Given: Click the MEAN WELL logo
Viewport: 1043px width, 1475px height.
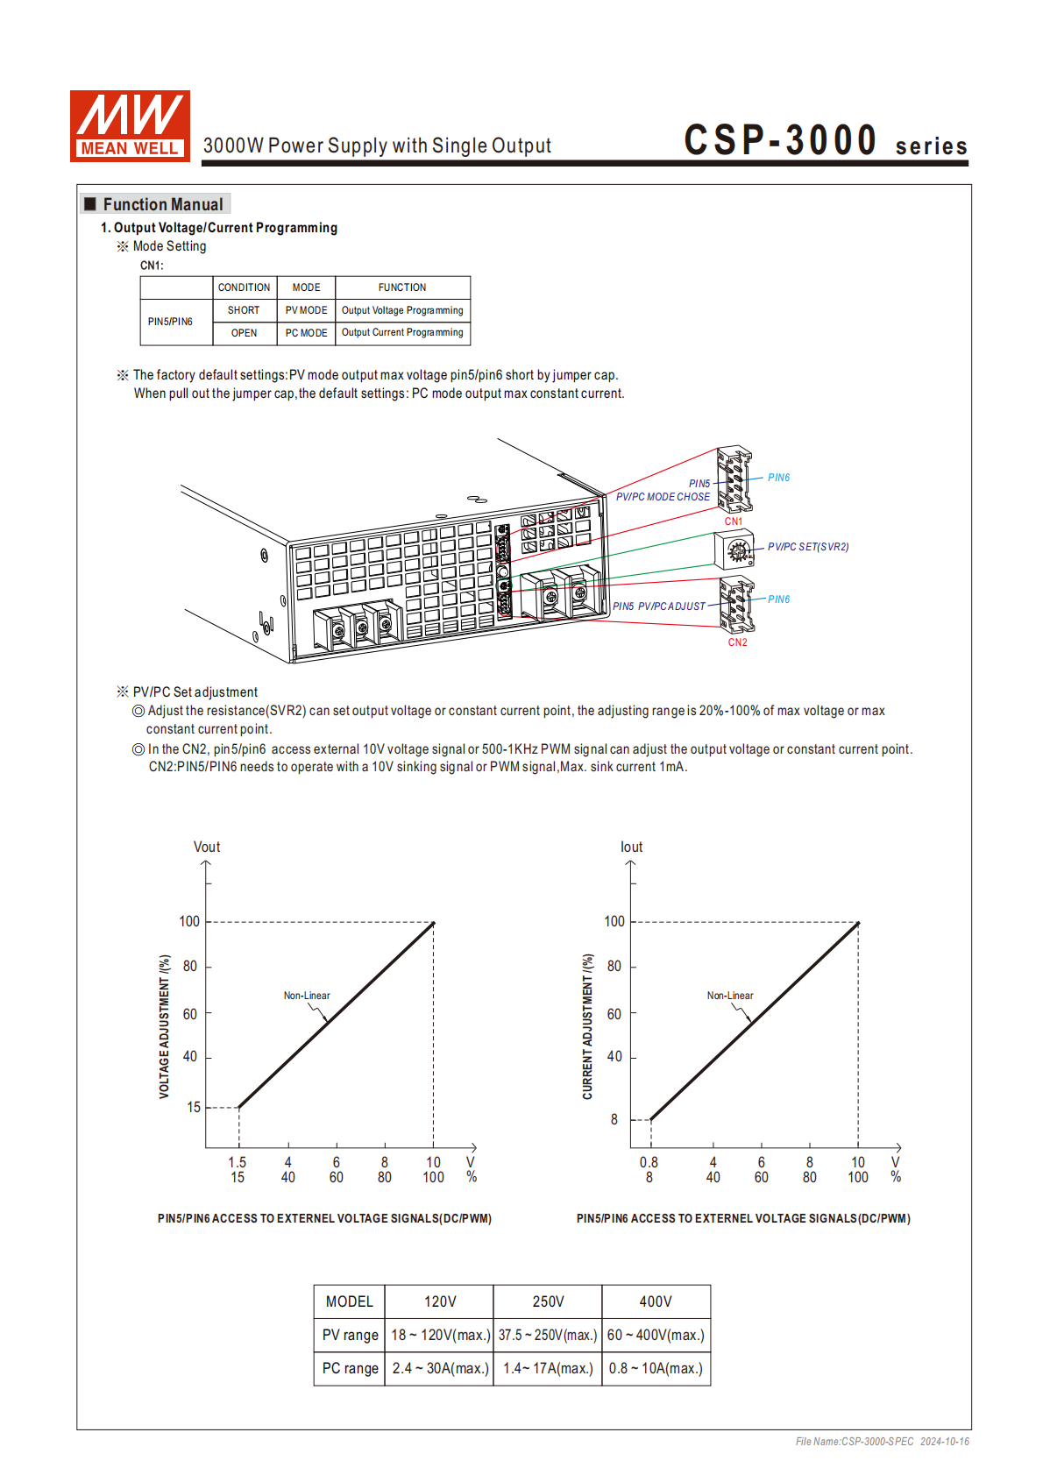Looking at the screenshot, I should click(130, 126).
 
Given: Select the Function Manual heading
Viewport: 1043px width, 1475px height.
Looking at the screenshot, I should click(162, 204).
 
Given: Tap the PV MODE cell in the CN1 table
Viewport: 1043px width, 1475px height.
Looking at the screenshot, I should click(306, 310).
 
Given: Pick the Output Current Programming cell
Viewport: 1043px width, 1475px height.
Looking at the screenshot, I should click(402, 333).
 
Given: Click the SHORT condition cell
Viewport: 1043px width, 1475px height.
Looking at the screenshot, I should click(244, 310).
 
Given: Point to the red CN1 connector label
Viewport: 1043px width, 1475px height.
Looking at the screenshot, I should click(733, 521).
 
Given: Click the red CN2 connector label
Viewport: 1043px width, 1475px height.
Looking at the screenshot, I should click(737, 642).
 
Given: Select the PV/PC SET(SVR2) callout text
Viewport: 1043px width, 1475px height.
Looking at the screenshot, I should click(808, 547).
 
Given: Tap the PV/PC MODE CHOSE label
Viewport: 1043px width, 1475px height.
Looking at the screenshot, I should click(663, 497).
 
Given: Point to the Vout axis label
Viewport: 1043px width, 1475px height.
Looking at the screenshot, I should click(207, 847).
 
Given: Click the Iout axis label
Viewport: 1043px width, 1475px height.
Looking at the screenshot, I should click(631, 847).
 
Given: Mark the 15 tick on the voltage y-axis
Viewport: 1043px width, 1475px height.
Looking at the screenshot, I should click(194, 1107).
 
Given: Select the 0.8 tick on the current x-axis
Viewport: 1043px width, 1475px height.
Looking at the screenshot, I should click(649, 1162).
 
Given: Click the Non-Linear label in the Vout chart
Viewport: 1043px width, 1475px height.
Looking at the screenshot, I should click(307, 996).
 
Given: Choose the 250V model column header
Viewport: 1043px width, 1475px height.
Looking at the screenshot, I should click(548, 1301).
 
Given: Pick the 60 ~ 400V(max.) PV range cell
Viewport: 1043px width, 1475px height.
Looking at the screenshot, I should click(656, 1335).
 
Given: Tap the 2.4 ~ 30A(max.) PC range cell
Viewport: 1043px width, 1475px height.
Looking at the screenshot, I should click(440, 1368).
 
